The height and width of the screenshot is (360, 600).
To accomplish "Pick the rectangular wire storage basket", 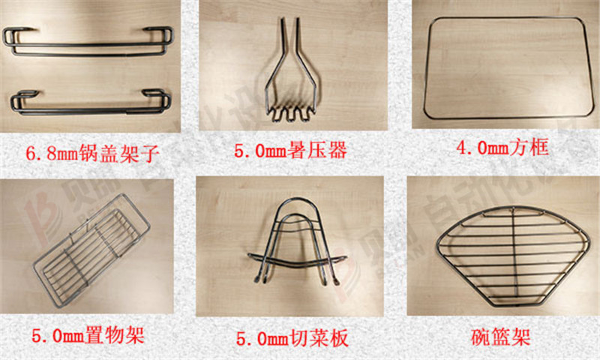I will (90, 240).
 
